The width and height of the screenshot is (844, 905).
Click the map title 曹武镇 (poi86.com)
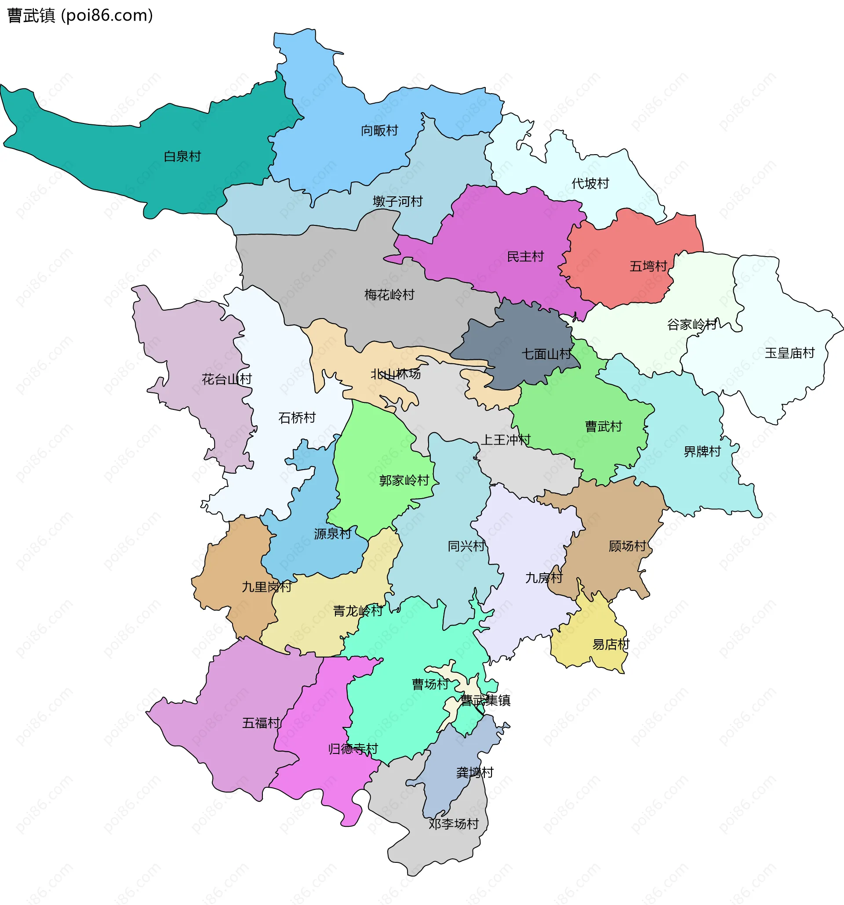coord(80,15)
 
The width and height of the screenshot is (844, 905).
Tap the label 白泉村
coord(182,156)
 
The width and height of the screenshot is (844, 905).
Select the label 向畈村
coord(379,130)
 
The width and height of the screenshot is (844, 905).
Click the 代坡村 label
coord(590,184)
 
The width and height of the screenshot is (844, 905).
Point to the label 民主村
coord(525,257)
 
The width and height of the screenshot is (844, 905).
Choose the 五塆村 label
coord(648,266)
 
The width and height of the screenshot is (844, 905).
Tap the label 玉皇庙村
coord(789,353)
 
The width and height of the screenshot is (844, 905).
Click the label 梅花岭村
coord(389,295)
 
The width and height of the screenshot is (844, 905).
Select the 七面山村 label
coord(546,354)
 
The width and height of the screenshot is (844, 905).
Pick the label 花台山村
coord(226,379)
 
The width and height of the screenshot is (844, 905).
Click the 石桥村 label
coord(297,418)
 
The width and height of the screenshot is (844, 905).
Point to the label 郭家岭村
coord(404,480)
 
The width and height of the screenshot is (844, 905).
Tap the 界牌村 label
coord(702,452)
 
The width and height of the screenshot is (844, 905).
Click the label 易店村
coord(611,644)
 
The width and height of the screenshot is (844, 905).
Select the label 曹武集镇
coord(485,700)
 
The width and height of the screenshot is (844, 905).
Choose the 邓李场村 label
coord(453,824)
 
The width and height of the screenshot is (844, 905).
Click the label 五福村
coord(261,723)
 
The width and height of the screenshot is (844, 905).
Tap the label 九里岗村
coord(266,587)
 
